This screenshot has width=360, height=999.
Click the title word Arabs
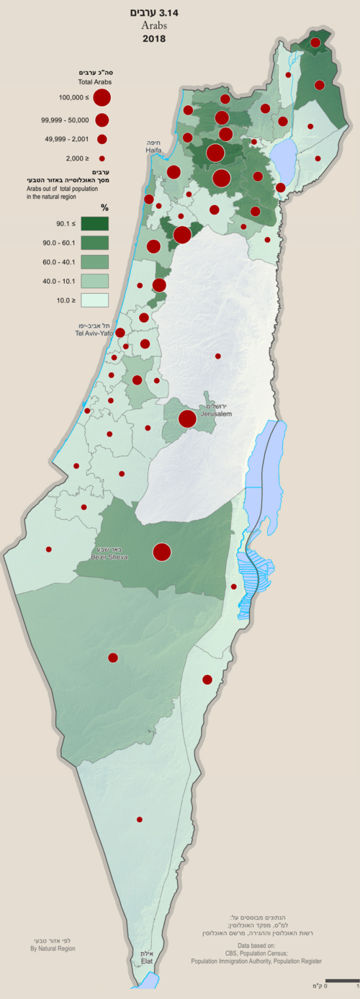pos(153,25)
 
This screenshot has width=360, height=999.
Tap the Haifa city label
pos(153,151)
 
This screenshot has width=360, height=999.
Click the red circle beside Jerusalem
pos(188,418)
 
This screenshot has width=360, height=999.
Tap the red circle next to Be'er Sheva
pos(162,552)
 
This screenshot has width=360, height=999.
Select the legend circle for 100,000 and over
pos(102,97)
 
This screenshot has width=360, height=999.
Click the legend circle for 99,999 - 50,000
pos(102,119)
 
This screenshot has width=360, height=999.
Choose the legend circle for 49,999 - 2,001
pos(102,139)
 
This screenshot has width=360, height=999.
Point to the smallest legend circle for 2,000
pos(102,158)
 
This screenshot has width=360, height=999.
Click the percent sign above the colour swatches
pos(104,207)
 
